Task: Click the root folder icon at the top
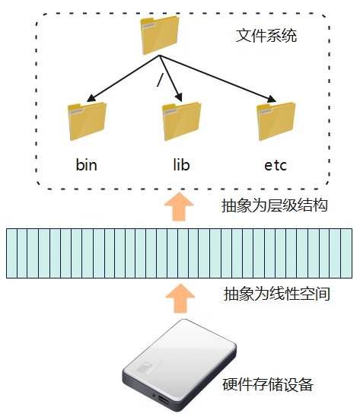coord(160,35)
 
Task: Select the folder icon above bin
coord(87,121)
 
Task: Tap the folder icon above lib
coord(181,121)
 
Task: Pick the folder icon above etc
coord(276,121)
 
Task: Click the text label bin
coord(87,165)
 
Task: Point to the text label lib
coord(181,165)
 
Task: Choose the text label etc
coord(276,165)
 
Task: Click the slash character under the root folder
coord(159,80)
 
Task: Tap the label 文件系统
coord(266,36)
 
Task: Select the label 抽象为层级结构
coord(274,205)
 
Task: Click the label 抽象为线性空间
coord(277,294)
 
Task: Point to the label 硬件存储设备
coord(268,385)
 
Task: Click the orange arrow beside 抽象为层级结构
coord(179,207)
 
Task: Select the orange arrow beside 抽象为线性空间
coord(180,298)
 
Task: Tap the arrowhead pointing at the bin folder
coord(91,98)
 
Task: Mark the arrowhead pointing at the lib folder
coord(179,97)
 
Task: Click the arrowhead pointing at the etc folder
coord(271,99)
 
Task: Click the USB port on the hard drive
coord(164,400)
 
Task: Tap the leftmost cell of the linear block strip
coord(11,253)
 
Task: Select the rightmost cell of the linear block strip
coord(346,253)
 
